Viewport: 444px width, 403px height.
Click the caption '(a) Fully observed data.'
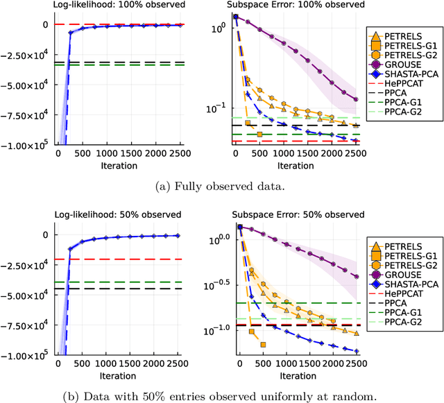[222, 186]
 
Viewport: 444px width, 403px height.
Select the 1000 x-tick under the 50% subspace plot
[287, 363]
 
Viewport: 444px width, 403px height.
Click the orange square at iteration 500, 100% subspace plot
[259, 134]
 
